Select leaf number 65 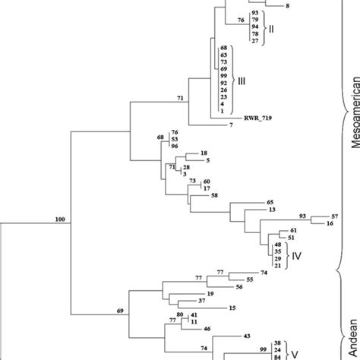(270, 203)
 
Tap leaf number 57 (334, 217)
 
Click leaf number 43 (247, 335)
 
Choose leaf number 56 (238, 286)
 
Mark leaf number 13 (271, 210)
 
